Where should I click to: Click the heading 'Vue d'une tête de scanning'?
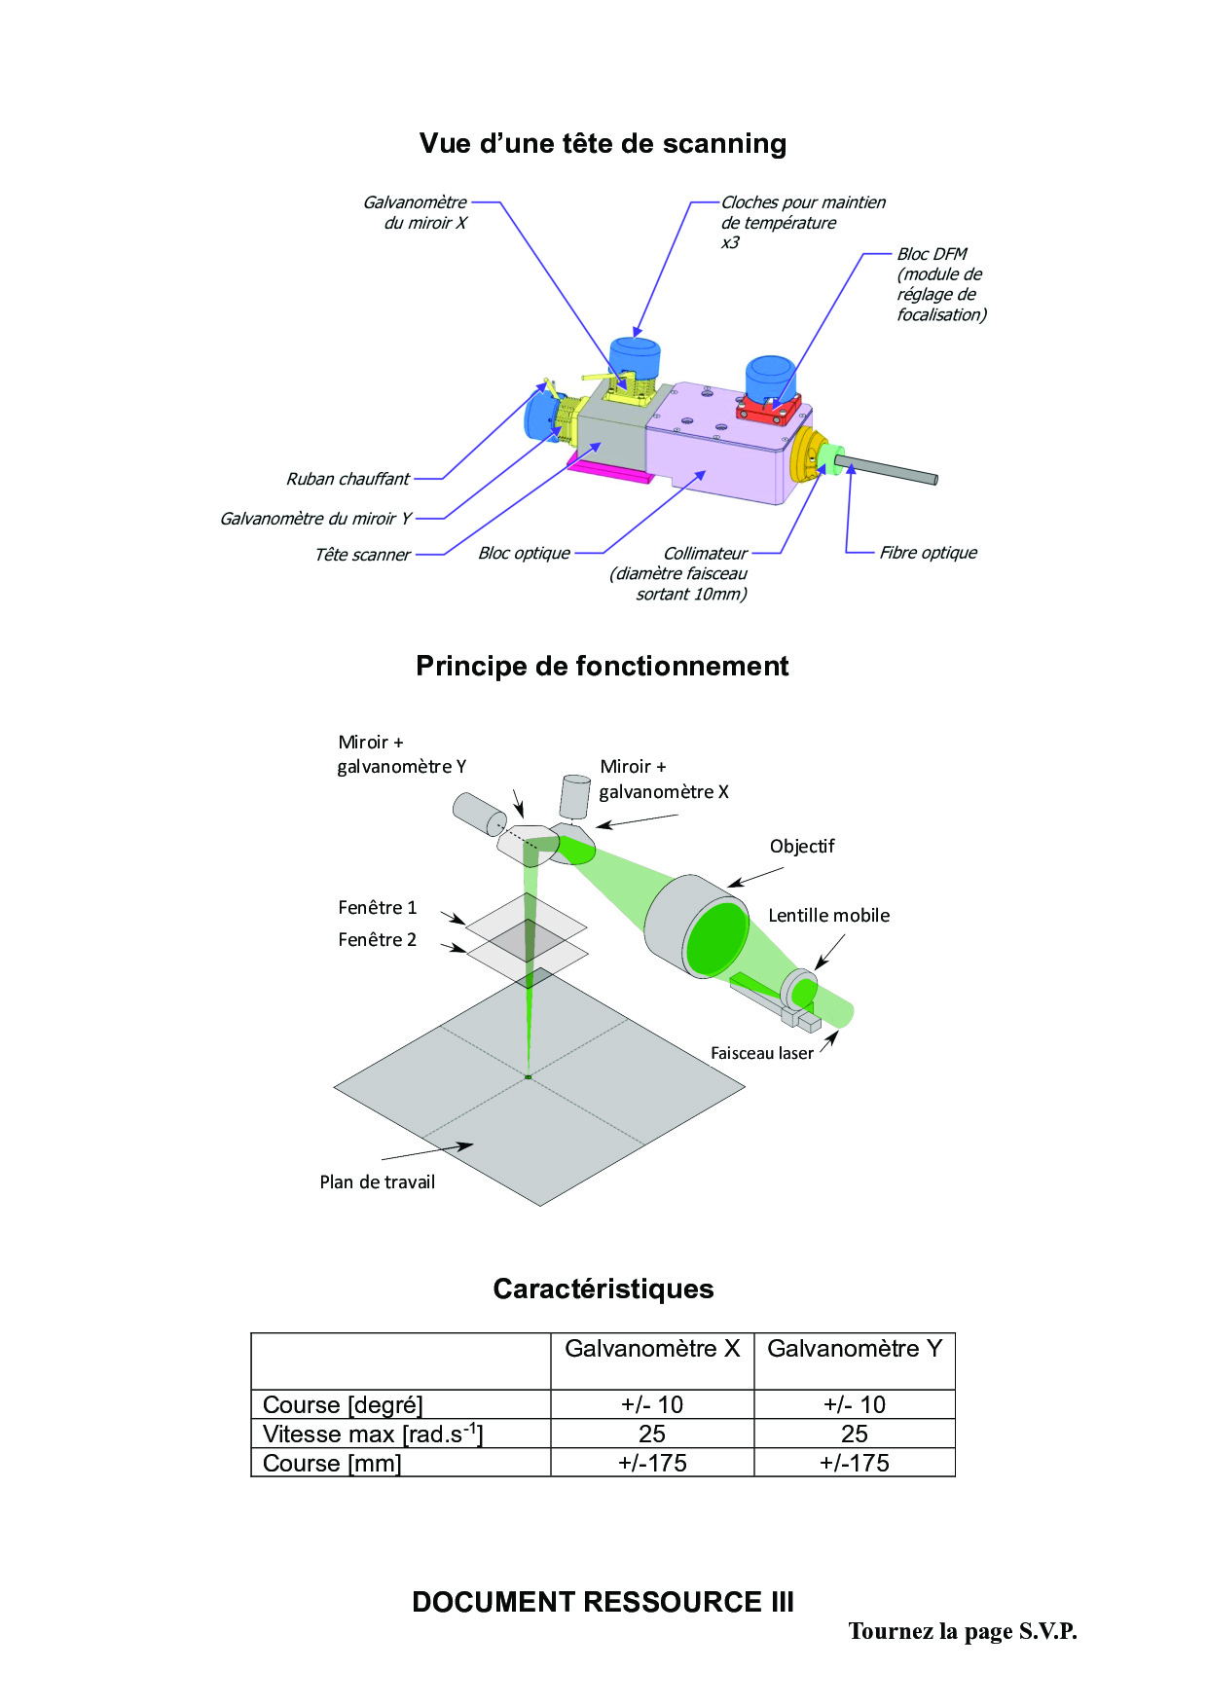pos(603,144)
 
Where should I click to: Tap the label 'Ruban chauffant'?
pos(347,479)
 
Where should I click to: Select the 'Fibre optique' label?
pos(928,553)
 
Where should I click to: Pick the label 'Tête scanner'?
pos(362,555)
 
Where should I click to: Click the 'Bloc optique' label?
pos(524,553)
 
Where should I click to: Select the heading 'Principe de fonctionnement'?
pos(602,667)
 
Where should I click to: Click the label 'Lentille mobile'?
pos(828,916)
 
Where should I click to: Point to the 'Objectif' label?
pos(802,847)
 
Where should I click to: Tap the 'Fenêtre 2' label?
pos(377,940)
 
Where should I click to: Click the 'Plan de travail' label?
pos(377,1182)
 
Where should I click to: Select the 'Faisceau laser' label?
pos(761,1053)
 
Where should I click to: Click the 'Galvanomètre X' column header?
pos(652,1349)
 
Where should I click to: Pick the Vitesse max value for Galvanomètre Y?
pos(854,1434)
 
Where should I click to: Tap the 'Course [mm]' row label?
pos(332,1464)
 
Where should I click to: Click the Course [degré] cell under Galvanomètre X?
pos(652,1404)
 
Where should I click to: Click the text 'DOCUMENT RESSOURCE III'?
pos(603,1602)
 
